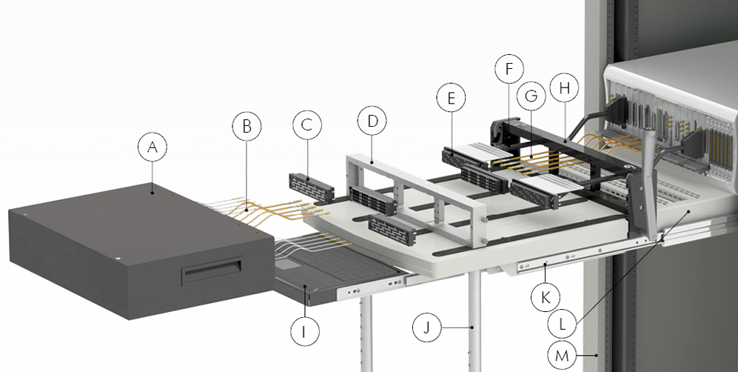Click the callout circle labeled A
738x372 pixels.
pyautogui.click(x=152, y=148)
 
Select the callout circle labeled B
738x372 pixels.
pyautogui.click(x=247, y=126)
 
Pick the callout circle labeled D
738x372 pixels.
pyautogui.click(x=372, y=120)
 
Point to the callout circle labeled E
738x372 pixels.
pyautogui.click(x=452, y=98)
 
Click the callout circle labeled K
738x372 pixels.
pyautogui.click(x=546, y=297)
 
